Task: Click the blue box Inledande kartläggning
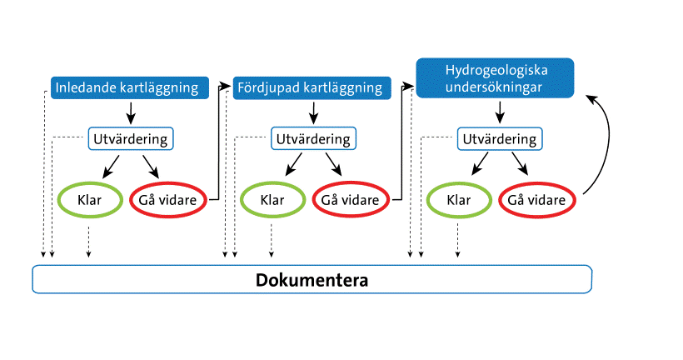127,87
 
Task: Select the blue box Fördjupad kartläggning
309,87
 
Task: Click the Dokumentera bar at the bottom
312,279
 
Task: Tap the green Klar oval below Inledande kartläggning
88,200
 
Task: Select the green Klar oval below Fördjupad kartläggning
272,200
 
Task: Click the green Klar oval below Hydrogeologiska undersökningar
458,200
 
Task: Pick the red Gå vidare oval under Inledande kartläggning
169,200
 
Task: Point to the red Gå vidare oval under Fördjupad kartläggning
351,200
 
